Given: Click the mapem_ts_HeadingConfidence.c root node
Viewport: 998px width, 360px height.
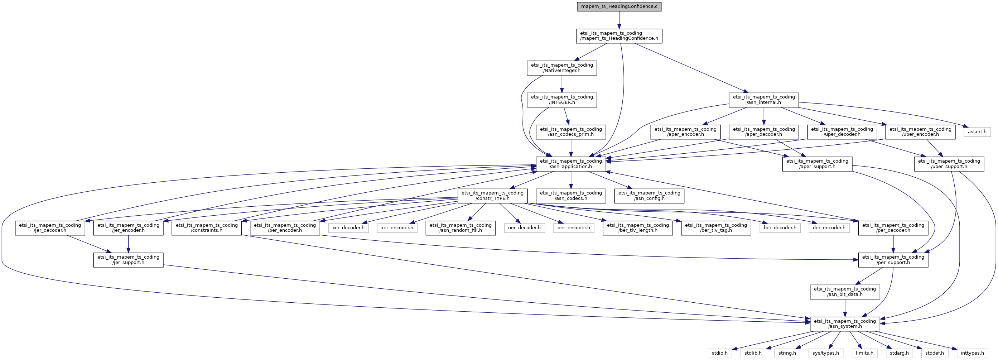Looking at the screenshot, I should point(619,6).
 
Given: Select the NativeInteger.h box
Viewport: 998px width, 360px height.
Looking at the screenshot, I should point(562,68).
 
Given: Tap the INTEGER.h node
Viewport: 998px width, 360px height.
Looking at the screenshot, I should point(562,100).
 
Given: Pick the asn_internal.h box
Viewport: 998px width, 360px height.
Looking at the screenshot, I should point(763,100).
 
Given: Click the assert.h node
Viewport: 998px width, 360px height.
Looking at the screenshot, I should point(977,132).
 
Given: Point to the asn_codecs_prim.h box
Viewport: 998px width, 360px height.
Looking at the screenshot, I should point(571,132).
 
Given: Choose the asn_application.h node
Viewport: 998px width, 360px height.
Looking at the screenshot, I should point(571,164).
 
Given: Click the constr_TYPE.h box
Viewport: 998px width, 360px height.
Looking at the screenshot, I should point(492,196).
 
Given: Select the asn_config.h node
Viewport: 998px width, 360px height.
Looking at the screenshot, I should point(649,196).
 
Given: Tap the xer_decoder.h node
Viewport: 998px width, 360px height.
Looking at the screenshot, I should point(348,228).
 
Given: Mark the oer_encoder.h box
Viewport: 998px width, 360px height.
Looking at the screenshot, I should point(574,228).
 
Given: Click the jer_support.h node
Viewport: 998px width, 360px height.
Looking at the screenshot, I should point(128,260).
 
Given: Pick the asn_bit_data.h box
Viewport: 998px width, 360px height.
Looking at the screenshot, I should point(845,292).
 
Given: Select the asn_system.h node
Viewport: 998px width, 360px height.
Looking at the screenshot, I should point(845,323).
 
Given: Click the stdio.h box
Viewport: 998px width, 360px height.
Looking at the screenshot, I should point(720,353).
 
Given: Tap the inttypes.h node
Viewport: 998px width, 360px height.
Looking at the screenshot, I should point(972,353).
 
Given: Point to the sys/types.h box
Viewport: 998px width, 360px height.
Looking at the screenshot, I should point(826,353).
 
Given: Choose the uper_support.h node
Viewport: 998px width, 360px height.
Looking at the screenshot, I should point(949,164).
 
